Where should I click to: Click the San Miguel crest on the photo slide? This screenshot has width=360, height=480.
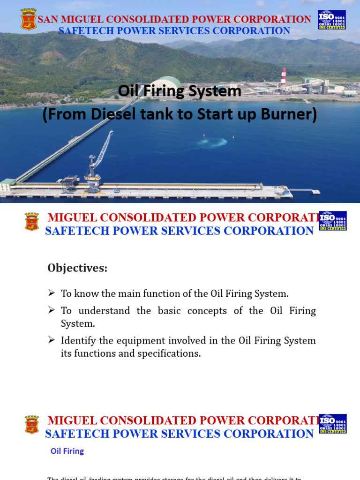click(x=29, y=19)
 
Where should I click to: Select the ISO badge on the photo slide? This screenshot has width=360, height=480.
click(x=331, y=20)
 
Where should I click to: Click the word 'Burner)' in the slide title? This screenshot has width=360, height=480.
click(x=291, y=114)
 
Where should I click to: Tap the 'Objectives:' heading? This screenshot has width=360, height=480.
click(x=77, y=268)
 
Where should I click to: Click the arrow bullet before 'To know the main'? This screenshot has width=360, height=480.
click(x=52, y=293)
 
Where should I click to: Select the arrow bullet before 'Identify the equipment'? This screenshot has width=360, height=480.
click(x=52, y=340)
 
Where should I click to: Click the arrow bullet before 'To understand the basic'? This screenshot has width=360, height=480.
click(x=52, y=310)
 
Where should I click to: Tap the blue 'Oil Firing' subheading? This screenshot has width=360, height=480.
click(x=67, y=451)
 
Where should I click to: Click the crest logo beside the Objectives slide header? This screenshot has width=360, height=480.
click(x=32, y=222)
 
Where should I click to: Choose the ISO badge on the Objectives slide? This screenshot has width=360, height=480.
click(x=332, y=221)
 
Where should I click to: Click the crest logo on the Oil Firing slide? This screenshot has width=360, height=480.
click(x=32, y=424)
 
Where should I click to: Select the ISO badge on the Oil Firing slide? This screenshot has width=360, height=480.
click(x=332, y=423)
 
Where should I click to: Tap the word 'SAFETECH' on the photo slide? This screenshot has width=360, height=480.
click(x=86, y=31)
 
